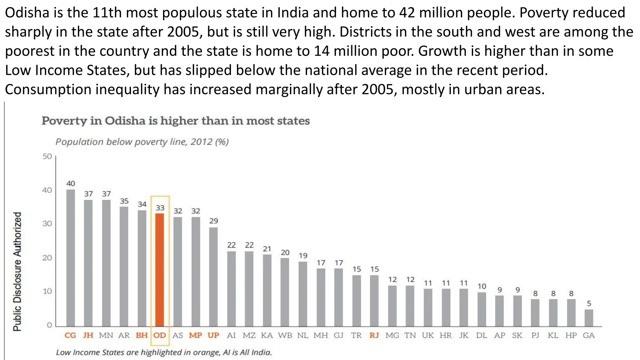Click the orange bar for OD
160,270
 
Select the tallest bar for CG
71,258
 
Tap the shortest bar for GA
589,318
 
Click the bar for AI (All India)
232,289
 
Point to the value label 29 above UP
214,221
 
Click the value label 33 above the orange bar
160,208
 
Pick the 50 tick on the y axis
47,156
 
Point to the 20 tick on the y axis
47,258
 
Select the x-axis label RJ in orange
374,335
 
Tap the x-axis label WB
285,335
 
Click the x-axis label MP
196,335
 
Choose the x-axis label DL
482,335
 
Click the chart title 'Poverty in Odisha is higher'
176,121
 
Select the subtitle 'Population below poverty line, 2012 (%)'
142,142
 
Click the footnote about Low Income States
164,352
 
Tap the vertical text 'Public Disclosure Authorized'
17,271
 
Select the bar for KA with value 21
267,290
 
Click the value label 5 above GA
589,303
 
